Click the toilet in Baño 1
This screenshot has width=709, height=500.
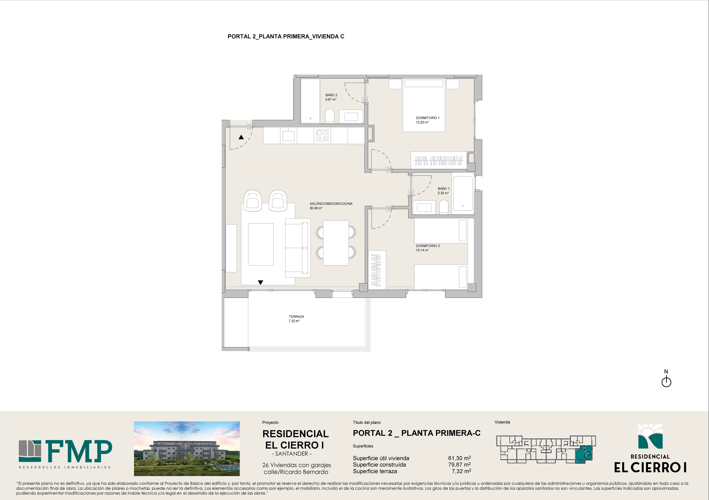click(x=444, y=207)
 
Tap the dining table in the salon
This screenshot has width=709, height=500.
click(x=336, y=243)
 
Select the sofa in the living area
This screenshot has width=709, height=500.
click(x=297, y=248)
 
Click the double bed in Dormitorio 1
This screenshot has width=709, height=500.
click(x=424, y=105)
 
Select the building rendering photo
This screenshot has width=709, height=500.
click(x=187, y=448)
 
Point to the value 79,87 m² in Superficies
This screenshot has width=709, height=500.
click(x=459, y=464)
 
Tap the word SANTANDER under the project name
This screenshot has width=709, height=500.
click(x=292, y=454)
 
